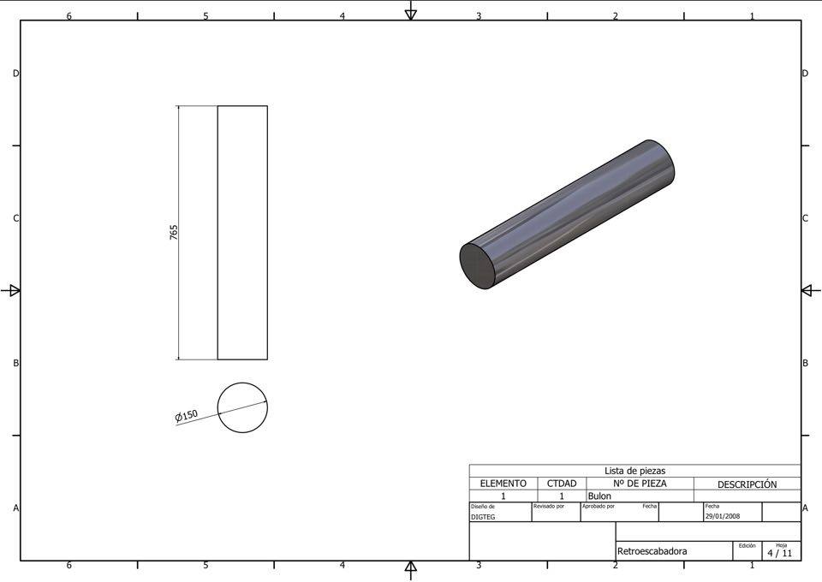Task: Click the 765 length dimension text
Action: point(174,232)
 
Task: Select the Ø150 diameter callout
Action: point(186,416)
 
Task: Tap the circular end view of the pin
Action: point(242,407)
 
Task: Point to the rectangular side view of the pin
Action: point(242,233)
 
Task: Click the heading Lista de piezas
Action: point(634,471)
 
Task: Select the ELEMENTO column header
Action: point(503,484)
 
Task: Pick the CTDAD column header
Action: point(562,484)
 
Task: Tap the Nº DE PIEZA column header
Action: point(639,484)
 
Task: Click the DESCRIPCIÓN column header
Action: point(747,484)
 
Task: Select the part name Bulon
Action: point(599,496)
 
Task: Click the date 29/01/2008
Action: point(722,516)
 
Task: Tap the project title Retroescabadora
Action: point(652,551)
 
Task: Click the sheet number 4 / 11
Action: point(779,553)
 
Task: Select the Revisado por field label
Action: point(549,506)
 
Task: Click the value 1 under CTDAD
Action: point(562,496)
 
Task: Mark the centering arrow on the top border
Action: point(411,11)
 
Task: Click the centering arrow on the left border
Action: point(11,290)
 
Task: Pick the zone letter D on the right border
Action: point(805,74)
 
